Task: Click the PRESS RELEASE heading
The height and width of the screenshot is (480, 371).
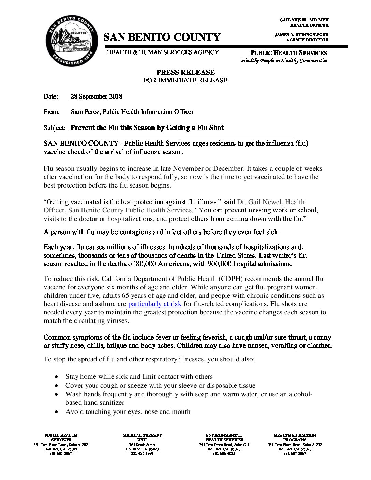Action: click(x=185, y=72)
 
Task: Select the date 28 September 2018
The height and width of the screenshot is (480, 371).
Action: click(x=96, y=96)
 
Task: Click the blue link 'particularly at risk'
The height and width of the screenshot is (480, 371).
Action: click(x=154, y=304)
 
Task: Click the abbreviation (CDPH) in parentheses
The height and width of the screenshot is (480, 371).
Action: click(x=231, y=279)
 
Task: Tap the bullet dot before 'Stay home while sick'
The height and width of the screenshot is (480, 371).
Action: click(x=56, y=377)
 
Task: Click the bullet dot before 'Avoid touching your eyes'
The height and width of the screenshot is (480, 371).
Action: click(x=56, y=412)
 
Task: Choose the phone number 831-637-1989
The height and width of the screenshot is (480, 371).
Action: click(x=142, y=454)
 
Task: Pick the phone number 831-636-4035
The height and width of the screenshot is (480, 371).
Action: click(x=224, y=454)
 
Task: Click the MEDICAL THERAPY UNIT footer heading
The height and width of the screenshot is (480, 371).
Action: click(x=142, y=437)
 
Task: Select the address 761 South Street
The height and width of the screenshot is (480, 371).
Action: click(x=142, y=445)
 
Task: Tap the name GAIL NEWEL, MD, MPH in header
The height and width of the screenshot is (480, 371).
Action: click(x=304, y=20)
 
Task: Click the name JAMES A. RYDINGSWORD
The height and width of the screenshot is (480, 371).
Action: click(x=301, y=35)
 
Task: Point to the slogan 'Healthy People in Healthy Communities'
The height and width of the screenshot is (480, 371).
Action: click(x=284, y=61)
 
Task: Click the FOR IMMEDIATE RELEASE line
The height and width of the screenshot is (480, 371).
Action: click(x=185, y=80)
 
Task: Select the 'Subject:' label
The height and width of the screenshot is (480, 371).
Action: click(x=54, y=128)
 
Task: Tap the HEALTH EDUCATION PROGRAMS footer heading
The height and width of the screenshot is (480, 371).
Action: click(x=295, y=437)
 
